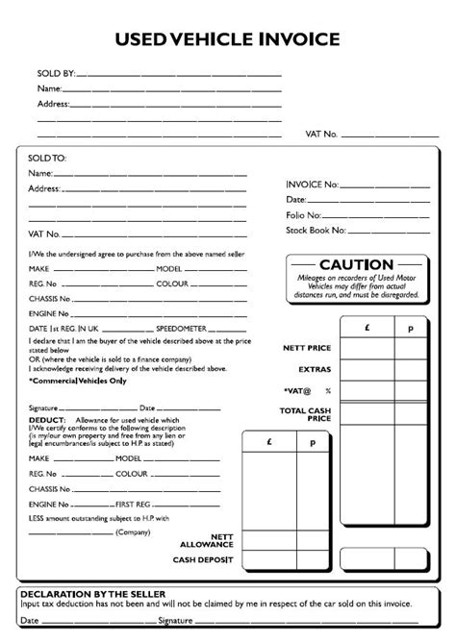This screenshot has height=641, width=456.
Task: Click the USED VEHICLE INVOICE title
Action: coord(227,39)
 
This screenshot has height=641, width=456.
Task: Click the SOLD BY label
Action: coord(55,73)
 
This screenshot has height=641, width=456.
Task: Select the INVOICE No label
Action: coord(312,183)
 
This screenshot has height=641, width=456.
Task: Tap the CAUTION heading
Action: coord(356,265)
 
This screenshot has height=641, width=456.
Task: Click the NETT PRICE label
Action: coord(308,346)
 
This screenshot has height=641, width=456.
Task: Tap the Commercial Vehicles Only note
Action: coord(78,381)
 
